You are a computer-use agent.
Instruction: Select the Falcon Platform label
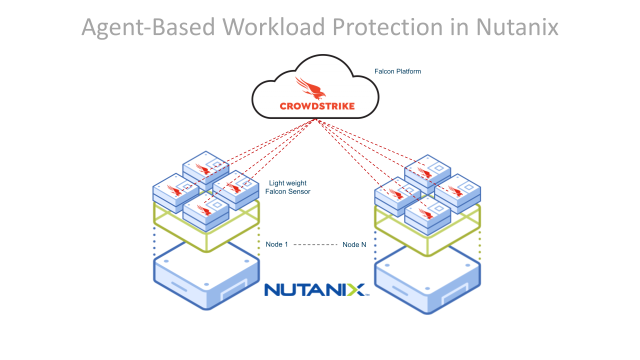click(397, 71)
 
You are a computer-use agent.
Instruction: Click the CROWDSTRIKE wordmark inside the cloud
click(317, 106)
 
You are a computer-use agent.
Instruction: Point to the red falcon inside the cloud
click(310, 88)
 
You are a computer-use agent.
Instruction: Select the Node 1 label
click(276, 244)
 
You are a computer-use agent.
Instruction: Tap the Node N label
click(354, 244)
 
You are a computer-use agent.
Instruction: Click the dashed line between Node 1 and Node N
click(315, 244)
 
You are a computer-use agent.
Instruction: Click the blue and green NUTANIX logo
click(316, 289)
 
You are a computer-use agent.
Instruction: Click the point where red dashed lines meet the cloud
click(316, 119)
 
